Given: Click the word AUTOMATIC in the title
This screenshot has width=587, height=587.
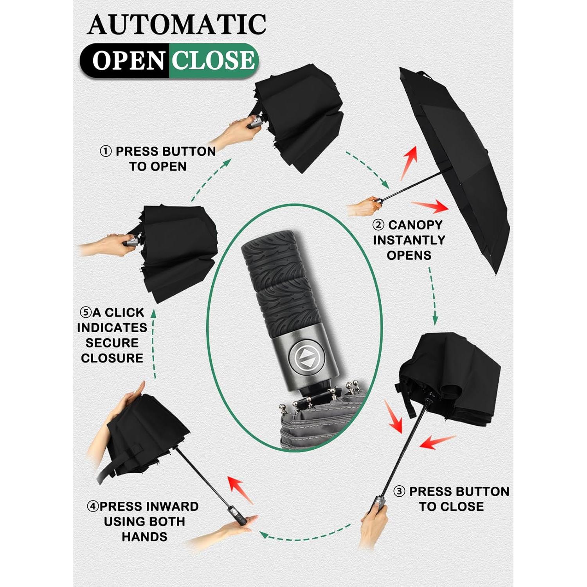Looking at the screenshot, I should click(x=177, y=24).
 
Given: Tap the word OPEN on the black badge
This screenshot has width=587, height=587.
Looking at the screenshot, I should click(x=128, y=61).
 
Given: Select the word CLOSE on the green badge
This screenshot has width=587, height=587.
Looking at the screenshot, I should click(x=213, y=60).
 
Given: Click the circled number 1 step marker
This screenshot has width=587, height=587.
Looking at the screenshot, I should click(x=106, y=151).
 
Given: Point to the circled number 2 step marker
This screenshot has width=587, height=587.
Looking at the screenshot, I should click(x=378, y=225).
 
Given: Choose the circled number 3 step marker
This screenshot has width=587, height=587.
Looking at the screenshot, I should click(x=399, y=492).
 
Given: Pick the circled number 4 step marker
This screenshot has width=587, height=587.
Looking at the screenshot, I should click(x=93, y=506).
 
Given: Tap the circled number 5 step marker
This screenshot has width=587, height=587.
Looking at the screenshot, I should click(x=85, y=313).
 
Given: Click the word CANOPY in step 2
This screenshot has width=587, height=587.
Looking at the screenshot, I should click(x=415, y=225).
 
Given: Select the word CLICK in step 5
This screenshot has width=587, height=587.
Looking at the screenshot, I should click(x=124, y=313).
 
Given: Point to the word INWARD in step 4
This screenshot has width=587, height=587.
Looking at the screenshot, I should click(x=171, y=506).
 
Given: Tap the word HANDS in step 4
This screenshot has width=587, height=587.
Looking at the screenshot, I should click(x=144, y=537).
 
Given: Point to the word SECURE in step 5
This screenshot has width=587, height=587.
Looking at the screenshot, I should click(x=112, y=343).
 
